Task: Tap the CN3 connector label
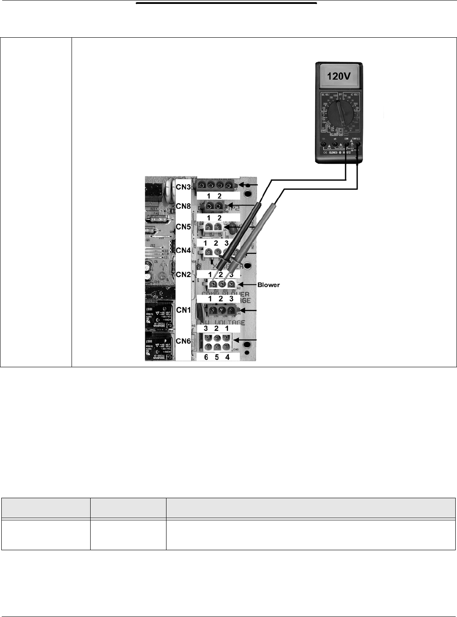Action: click(183, 187)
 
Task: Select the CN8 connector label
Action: click(183, 206)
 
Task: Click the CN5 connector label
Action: click(183, 226)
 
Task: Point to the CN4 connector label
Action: click(183, 250)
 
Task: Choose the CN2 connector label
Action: click(183, 274)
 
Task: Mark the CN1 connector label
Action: click(183, 310)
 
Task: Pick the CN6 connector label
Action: click(183, 341)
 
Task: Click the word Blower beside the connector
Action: click(269, 285)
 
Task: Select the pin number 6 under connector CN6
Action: click(206, 357)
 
